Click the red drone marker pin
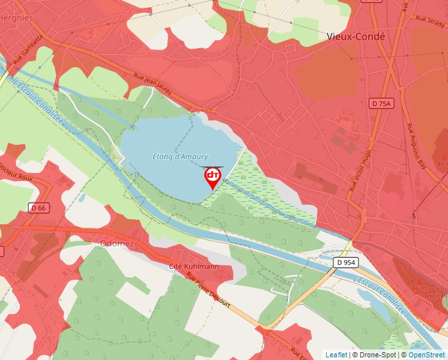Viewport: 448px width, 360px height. pos(212,177)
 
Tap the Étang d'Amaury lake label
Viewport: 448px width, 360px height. pos(180,157)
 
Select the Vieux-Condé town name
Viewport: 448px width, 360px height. pos(356,37)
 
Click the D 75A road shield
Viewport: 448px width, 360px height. pos(380,103)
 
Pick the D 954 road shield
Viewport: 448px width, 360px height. pos(345,262)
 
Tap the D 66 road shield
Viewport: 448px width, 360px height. pos(38,207)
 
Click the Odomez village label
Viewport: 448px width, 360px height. pos(117,243)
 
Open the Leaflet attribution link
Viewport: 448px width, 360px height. pos(336,355)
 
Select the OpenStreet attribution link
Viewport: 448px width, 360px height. pos(426,355)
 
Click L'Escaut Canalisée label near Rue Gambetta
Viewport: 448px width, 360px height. pos(38,104)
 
